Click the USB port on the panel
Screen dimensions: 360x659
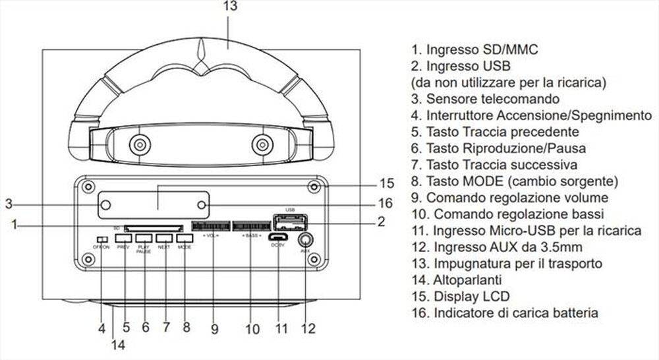285,222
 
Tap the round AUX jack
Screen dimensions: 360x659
306,240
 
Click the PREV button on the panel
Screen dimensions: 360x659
123,237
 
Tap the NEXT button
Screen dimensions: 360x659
164,237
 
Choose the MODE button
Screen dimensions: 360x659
185,237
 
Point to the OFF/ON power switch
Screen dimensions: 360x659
101,239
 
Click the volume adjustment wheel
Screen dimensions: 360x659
211,225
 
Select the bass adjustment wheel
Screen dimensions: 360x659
251,225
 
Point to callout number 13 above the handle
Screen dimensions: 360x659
229,7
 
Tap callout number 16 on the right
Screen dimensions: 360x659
386,203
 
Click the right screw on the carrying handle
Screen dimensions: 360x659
262,144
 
